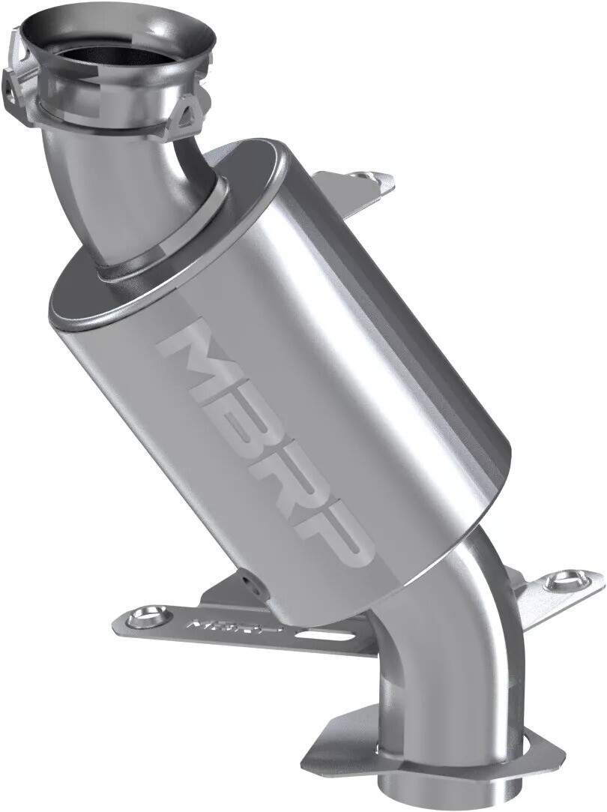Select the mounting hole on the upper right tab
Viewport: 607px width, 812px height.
366,177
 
